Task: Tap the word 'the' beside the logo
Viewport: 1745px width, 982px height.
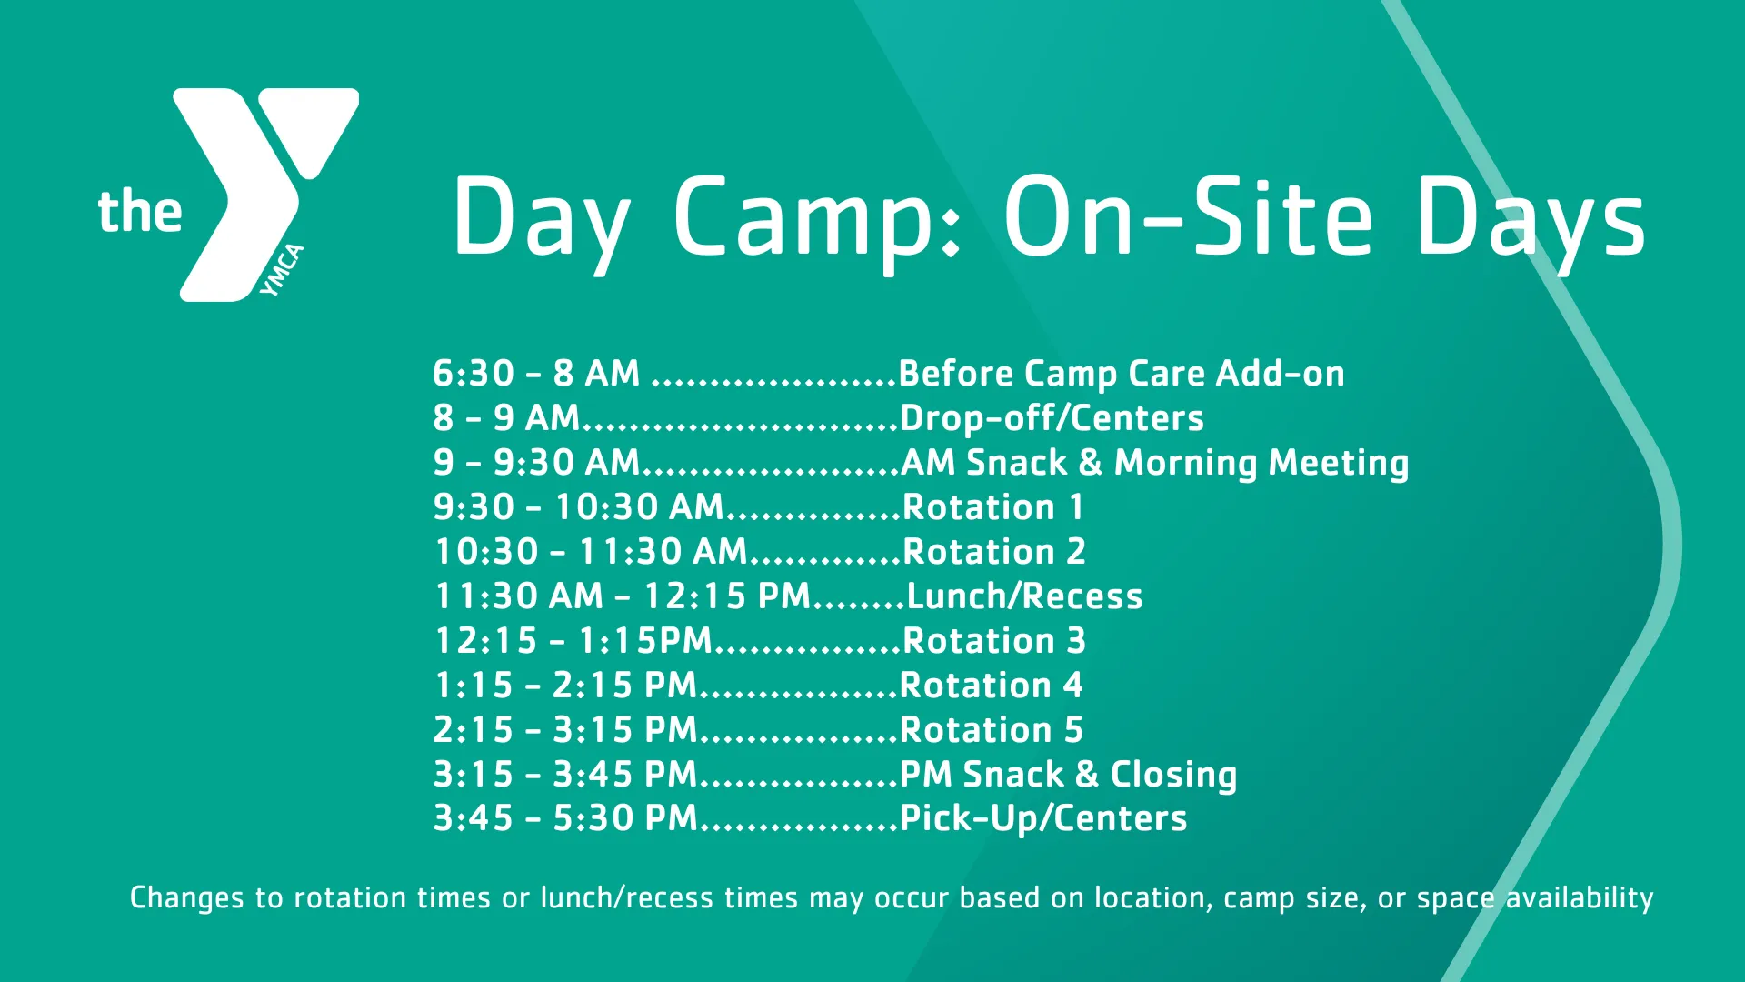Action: [140, 212]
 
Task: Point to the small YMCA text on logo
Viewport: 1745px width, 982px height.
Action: [282, 270]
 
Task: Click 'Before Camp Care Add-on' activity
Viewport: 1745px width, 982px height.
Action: [1121, 374]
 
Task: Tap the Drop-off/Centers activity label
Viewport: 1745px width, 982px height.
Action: [1052, 418]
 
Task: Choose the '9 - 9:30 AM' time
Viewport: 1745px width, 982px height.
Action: [536, 463]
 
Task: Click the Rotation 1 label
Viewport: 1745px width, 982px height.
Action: [992, 507]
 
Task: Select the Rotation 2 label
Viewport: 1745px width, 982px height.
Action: [993, 552]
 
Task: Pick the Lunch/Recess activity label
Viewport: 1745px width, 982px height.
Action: [1024, 596]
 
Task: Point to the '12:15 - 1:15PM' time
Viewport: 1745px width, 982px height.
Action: [573, 641]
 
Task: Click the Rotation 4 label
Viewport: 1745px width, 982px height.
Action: [991, 686]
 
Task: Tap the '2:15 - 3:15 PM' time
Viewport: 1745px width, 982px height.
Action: [565, 730]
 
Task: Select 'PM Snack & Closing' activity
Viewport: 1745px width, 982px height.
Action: [1068, 775]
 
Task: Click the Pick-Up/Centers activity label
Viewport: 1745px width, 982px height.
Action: [1042, 818]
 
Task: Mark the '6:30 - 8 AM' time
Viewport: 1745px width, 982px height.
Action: [536, 374]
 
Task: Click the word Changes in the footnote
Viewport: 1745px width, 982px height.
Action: [186, 898]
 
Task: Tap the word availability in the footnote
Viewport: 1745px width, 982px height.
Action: [1580, 898]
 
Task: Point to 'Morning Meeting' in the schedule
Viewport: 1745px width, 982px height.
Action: [1261, 463]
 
